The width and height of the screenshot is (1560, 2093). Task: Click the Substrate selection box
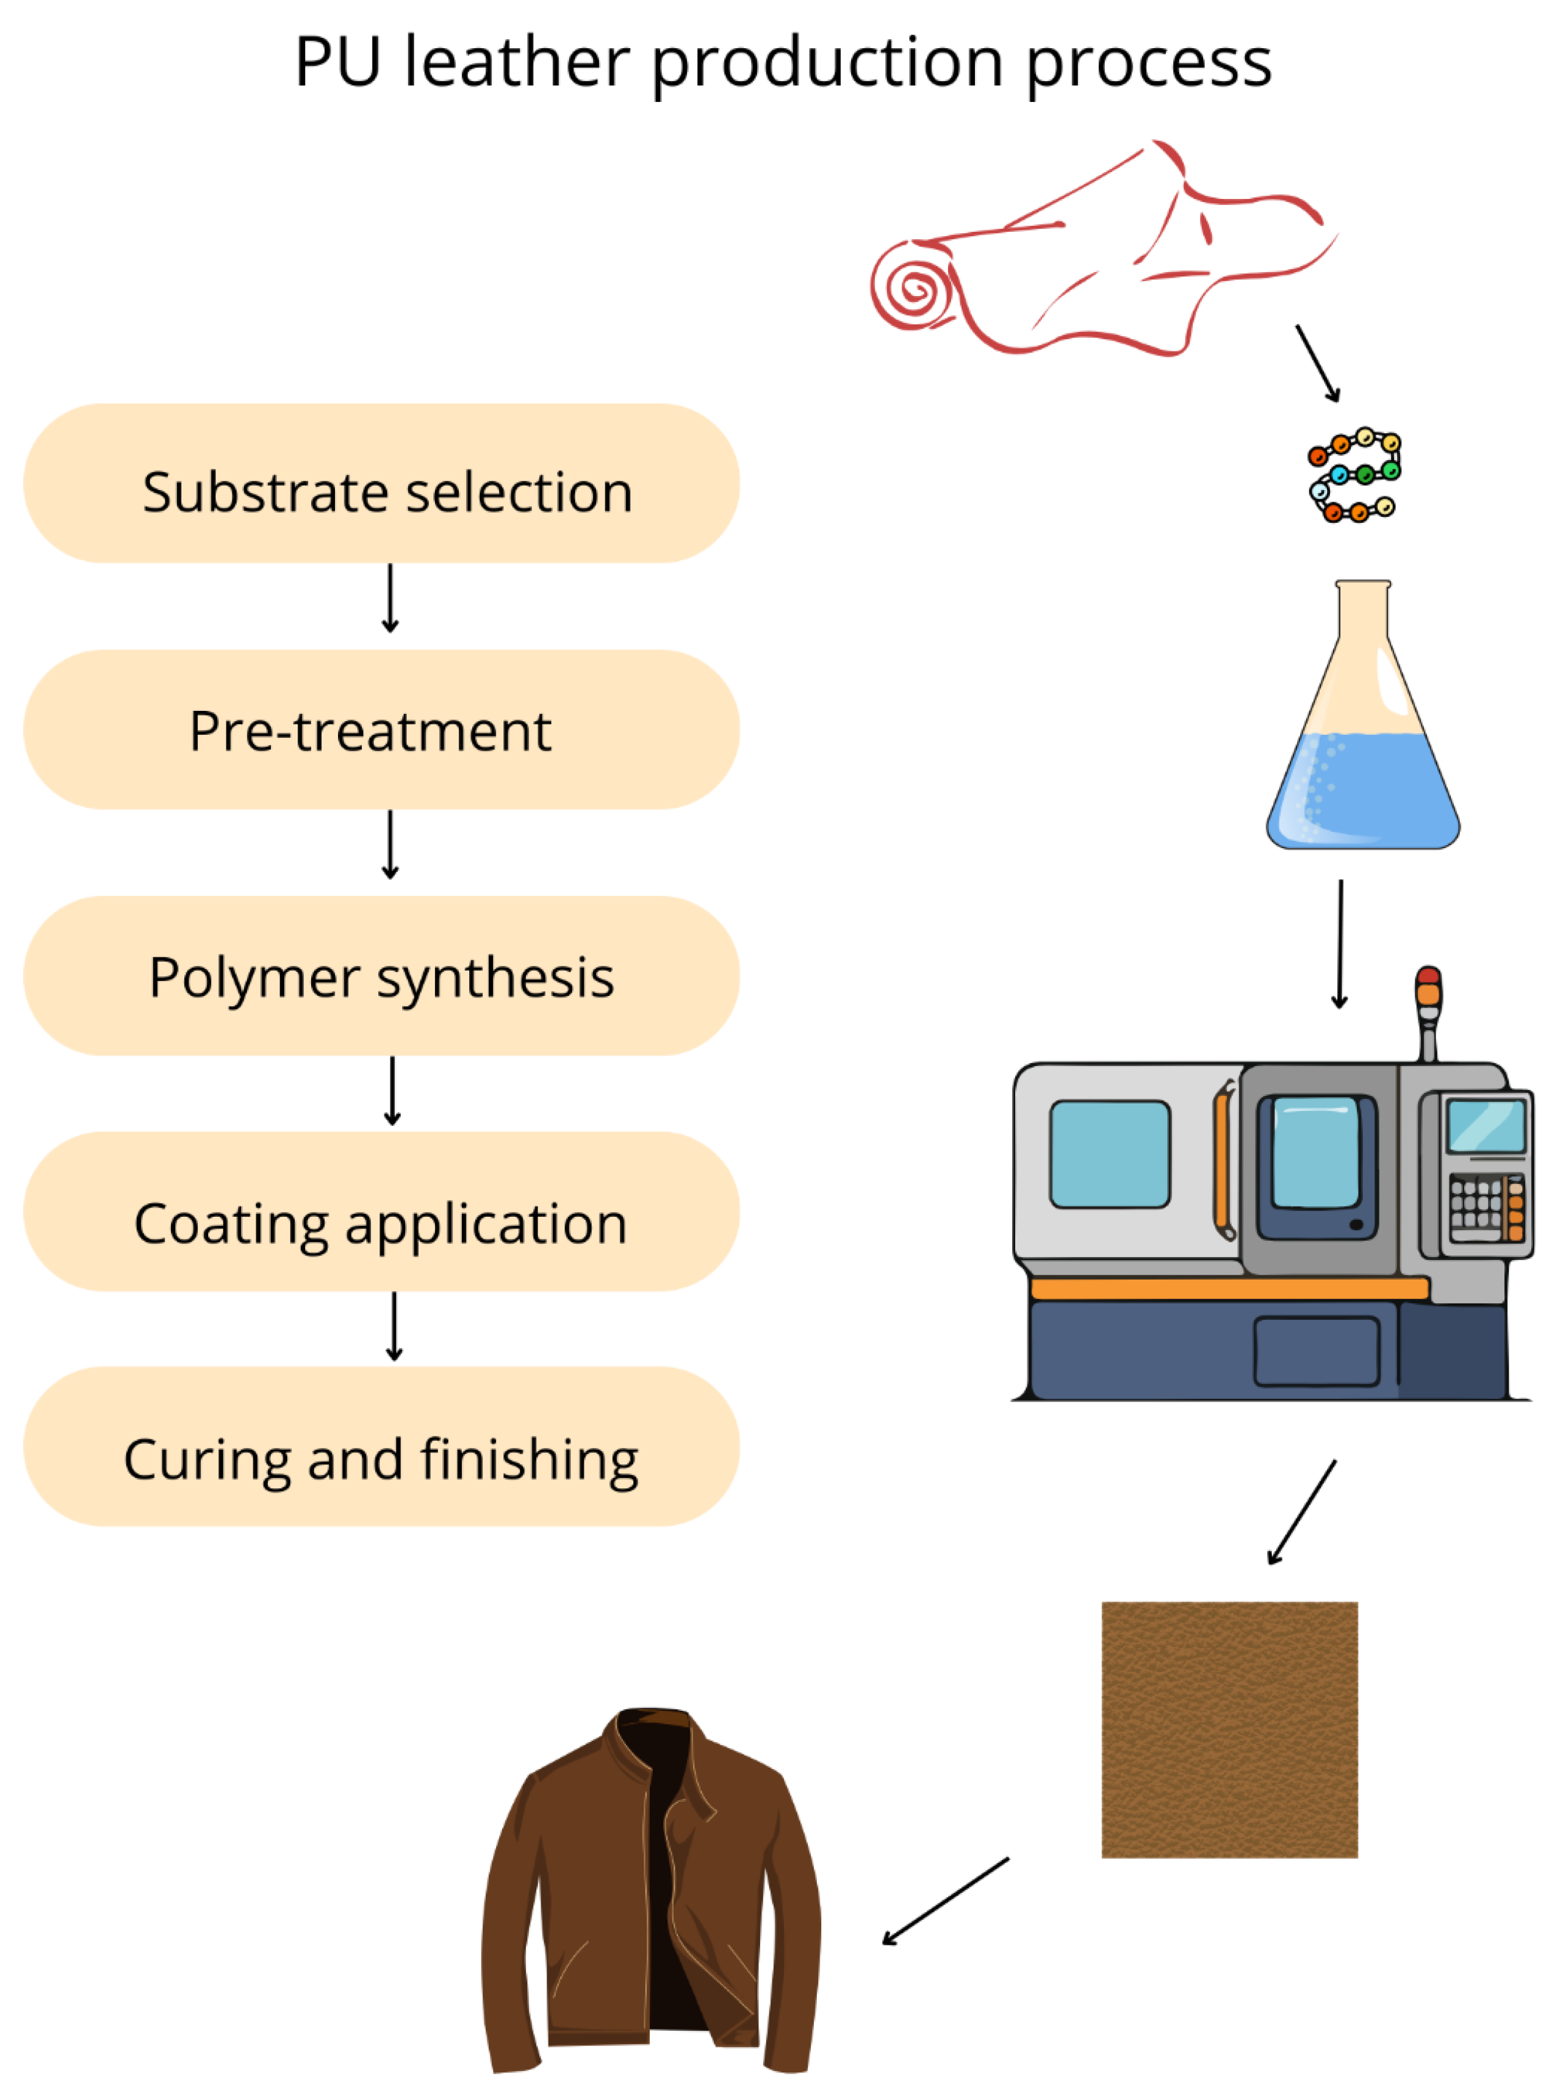coord(381,483)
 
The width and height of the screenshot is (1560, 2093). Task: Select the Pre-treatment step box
coord(381,729)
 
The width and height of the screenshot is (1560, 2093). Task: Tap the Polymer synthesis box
coord(381,976)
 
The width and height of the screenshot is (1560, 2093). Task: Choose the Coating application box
coord(381,1212)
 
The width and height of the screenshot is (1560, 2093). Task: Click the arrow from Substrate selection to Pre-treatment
coord(390,598)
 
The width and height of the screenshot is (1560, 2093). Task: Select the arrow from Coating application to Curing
coord(395,1326)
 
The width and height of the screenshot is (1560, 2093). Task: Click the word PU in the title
coord(338,63)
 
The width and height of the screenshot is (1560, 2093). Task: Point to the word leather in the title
coord(517,63)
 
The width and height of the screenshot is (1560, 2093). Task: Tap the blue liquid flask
coord(1363,755)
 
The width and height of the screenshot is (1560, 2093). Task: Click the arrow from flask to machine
coord(1340,945)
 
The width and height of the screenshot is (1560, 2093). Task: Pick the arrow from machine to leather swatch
coord(1302,1511)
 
